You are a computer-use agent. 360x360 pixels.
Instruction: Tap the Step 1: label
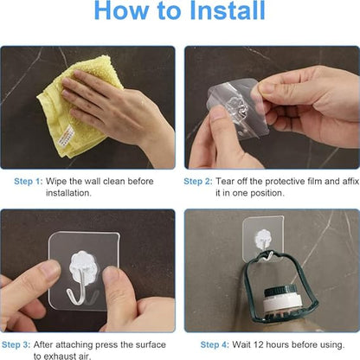point(28,182)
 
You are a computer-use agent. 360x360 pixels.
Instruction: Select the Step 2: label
point(199,182)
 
